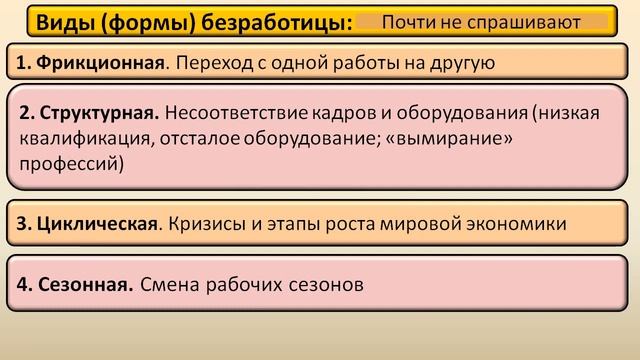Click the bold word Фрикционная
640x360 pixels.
[97, 64]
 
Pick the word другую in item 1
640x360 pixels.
[464, 64]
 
